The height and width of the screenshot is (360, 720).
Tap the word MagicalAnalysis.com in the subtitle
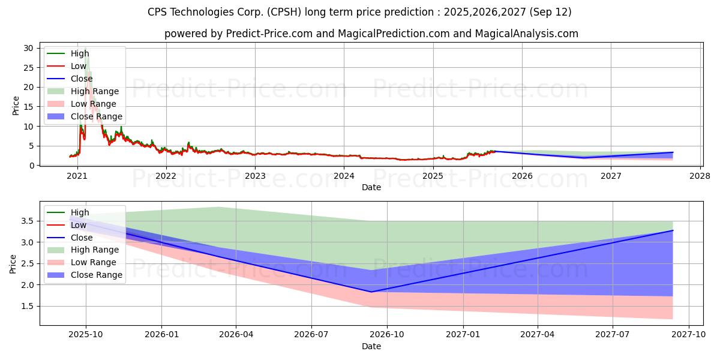(x=527, y=34)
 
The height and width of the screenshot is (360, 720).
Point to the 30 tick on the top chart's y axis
(x=28, y=48)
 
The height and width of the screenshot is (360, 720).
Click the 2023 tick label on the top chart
(x=255, y=176)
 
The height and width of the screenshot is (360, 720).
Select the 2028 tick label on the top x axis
(x=700, y=176)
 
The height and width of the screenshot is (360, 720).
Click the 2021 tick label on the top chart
(x=77, y=176)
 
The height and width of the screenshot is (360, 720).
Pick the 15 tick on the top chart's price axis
(x=28, y=107)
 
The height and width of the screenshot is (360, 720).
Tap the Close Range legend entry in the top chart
(x=85, y=116)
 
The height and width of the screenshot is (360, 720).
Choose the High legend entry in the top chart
(x=68, y=53)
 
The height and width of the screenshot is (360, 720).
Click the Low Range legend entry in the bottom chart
(x=82, y=262)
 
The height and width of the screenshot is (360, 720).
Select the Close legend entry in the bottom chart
(x=70, y=238)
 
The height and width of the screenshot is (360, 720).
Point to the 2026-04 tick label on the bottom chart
(x=236, y=335)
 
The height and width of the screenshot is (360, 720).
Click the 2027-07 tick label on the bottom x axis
(x=613, y=335)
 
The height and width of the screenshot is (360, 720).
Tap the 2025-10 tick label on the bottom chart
(x=86, y=335)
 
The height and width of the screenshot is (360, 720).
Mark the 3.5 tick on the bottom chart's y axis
(x=28, y=221)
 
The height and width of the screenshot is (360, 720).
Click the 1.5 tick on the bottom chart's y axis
(x=28, y=307)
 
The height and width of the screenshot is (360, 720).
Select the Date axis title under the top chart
(x=371, y=187)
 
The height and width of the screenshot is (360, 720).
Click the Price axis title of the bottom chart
(x=13, y=264)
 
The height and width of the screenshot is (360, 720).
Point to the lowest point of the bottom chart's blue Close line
(x=371, y=292)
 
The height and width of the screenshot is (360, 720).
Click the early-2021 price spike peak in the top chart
(x=85, y=49)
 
